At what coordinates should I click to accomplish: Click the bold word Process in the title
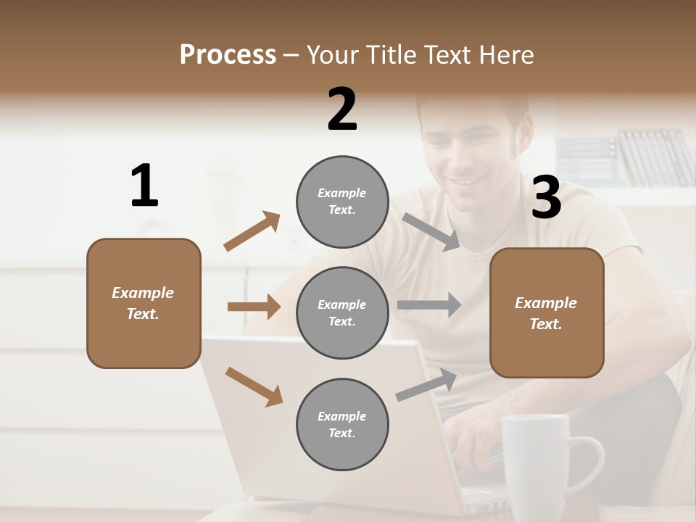pyautogui.click(x=228, y=55)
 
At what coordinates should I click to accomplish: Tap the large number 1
pyautogui.click(x=144, y=186)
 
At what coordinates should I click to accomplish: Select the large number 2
pyautogui.click(x=342, y=109)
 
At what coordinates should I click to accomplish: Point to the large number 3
pyautogui.click(x=546, y=198)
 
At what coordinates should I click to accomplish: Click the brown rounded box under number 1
pyautogui.click(x=144, y=303)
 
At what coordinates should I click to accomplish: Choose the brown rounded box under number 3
pyautogui.click(x=547, y=312)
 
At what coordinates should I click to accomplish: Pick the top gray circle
pyautogui.click(x=342, y=201)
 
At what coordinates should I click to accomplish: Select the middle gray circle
pyautogui.click(x=342, y=312)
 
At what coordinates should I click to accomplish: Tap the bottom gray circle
pyautogui.click(x=342, y=424)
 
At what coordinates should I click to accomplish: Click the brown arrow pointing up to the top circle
pyautogui.click(x=252, y=231)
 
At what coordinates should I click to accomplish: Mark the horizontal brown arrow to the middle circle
pyautogui.click(x=254, y=307)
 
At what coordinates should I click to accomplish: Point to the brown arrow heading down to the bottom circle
pyautogui.click(x=254, y=386)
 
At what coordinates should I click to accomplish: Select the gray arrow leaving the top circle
pyautogui.click(x=431, y=231)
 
